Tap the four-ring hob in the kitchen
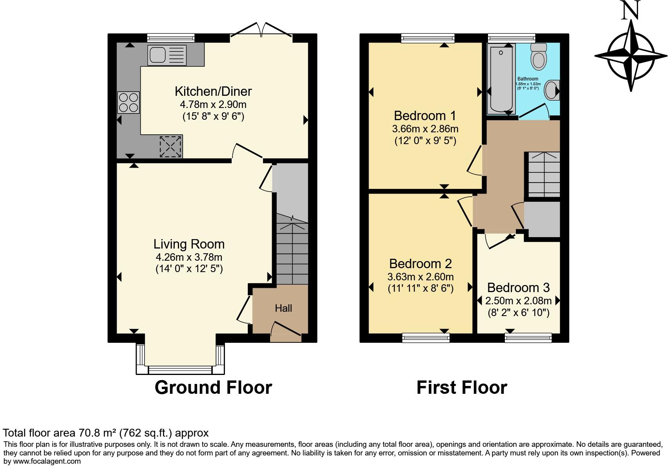click(128, 102)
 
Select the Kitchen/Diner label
click(213, 91)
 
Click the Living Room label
click(189, 244)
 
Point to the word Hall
click(283, 308)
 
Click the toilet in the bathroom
click(538, 57)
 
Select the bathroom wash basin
click(552, 90)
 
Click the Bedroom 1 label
click(425, 116)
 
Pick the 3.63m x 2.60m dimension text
click(420, 277)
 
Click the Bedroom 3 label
click(518, 288)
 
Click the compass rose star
click(631, 56)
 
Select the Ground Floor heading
click(213, 388)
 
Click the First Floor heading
click(462, 388)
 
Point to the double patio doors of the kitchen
click(261, 31)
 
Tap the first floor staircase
click(544, 174)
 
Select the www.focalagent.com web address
click(47, 461)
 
